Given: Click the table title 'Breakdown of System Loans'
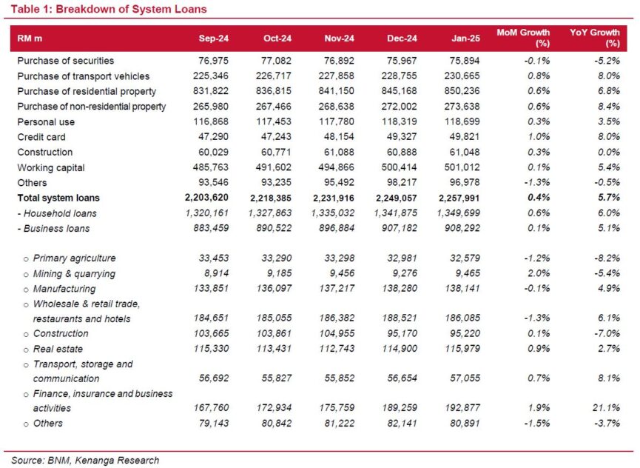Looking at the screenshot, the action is pos(131,9).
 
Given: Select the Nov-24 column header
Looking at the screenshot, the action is pos(339,39).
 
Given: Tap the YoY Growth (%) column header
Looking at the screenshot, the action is pos(595,38).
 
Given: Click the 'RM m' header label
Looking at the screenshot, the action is pos(30,39).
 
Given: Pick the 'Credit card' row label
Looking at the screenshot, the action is pos(41,137).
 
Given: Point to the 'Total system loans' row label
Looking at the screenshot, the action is pos(58,198).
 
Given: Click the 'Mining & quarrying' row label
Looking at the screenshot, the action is pos(74,273).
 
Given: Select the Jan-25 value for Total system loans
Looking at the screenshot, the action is pos(459,198).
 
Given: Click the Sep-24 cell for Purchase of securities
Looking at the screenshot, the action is pos(214,61).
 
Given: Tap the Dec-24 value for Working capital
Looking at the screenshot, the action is pos(400,167).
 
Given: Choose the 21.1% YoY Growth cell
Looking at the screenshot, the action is pos(608,407).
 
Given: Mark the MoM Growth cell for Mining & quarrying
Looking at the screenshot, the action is pos(539,273).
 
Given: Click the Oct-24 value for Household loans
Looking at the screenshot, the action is pos(270,213).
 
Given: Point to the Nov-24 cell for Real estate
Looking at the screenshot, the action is pos(337,349).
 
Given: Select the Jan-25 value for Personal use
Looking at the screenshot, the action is pos(462,121).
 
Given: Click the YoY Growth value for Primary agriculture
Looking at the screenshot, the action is pos(607,258).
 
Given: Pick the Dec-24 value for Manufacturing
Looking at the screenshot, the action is pos(400,288).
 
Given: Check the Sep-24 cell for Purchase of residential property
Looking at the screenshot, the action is pos(211,91).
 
